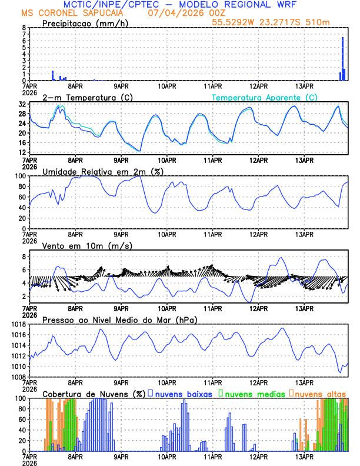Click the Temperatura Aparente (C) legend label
click(265, 97)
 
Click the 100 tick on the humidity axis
click(20, 176)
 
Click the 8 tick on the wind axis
click(24, 257)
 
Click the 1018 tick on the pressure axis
click(16, 324)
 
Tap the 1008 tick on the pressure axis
click(16, 377)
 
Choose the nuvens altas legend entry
click(318, 393)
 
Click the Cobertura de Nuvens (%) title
click(94, 393)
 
